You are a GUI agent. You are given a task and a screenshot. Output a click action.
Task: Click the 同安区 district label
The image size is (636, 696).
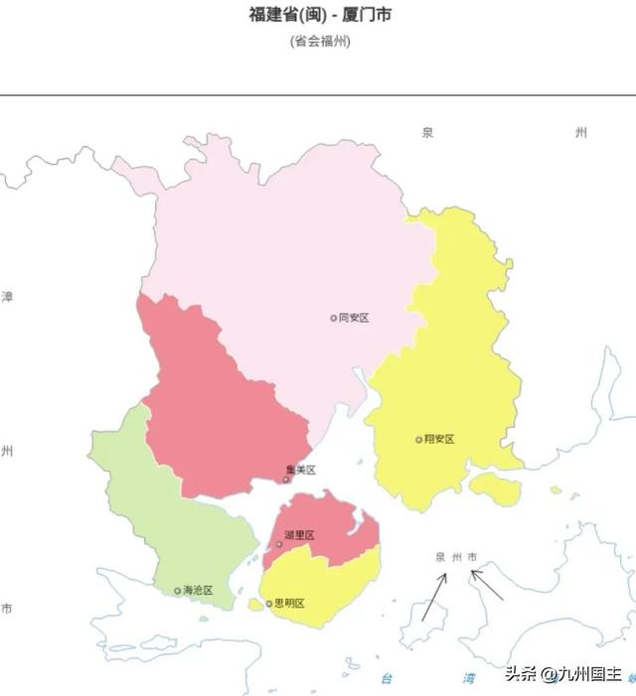[354, 318]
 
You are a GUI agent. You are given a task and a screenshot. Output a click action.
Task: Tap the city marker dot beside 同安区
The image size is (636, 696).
[334, 318]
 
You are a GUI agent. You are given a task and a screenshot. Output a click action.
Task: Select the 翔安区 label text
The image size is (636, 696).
[438, 439]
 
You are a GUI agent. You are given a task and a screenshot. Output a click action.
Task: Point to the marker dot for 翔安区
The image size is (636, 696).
[418, 439]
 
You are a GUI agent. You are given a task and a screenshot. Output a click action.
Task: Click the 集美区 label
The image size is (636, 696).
[300, 470]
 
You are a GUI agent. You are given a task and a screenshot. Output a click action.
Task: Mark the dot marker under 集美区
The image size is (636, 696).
[286, 480]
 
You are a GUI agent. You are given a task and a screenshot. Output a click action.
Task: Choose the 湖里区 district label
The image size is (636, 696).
[299, 535]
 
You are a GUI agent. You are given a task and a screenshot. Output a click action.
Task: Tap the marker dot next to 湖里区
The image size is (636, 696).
[279, 543]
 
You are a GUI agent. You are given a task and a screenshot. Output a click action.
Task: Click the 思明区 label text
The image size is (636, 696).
[289, 603]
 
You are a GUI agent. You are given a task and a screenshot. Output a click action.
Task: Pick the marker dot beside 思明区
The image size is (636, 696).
[269, 603]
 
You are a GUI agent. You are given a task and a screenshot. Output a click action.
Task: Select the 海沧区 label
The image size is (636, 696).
[198, 590]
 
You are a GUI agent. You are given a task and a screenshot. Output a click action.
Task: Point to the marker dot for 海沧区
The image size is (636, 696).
[178, 590]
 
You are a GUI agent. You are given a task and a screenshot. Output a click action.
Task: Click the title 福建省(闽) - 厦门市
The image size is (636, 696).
[319, 16]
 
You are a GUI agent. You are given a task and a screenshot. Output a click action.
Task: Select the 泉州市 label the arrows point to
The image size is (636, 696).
[456, 556]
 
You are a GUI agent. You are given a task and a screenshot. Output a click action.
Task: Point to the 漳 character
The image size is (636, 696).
[8, 297]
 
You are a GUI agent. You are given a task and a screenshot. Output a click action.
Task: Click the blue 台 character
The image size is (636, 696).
[388, 678]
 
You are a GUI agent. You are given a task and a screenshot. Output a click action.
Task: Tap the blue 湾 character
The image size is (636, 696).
[468, 678]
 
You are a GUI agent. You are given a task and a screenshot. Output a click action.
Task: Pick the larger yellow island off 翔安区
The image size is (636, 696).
[494, 487]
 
